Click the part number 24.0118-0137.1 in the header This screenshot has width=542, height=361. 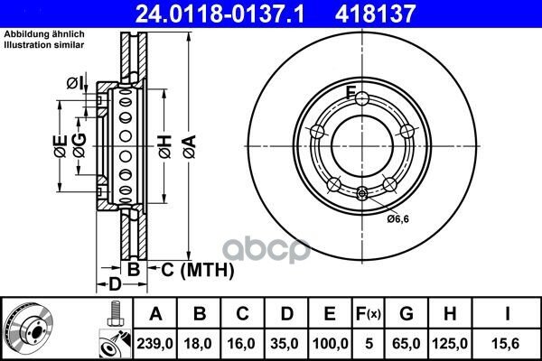220,14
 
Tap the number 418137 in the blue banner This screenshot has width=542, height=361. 375,14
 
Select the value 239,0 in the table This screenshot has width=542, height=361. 154,344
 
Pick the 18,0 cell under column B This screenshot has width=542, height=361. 198,344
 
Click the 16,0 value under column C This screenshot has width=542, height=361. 241,344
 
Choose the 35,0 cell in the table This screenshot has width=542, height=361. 285,344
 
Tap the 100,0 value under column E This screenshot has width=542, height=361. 330,344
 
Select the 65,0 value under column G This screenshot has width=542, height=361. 406,344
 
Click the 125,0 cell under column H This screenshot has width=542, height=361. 450,344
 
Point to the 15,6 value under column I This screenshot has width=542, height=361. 507,344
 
